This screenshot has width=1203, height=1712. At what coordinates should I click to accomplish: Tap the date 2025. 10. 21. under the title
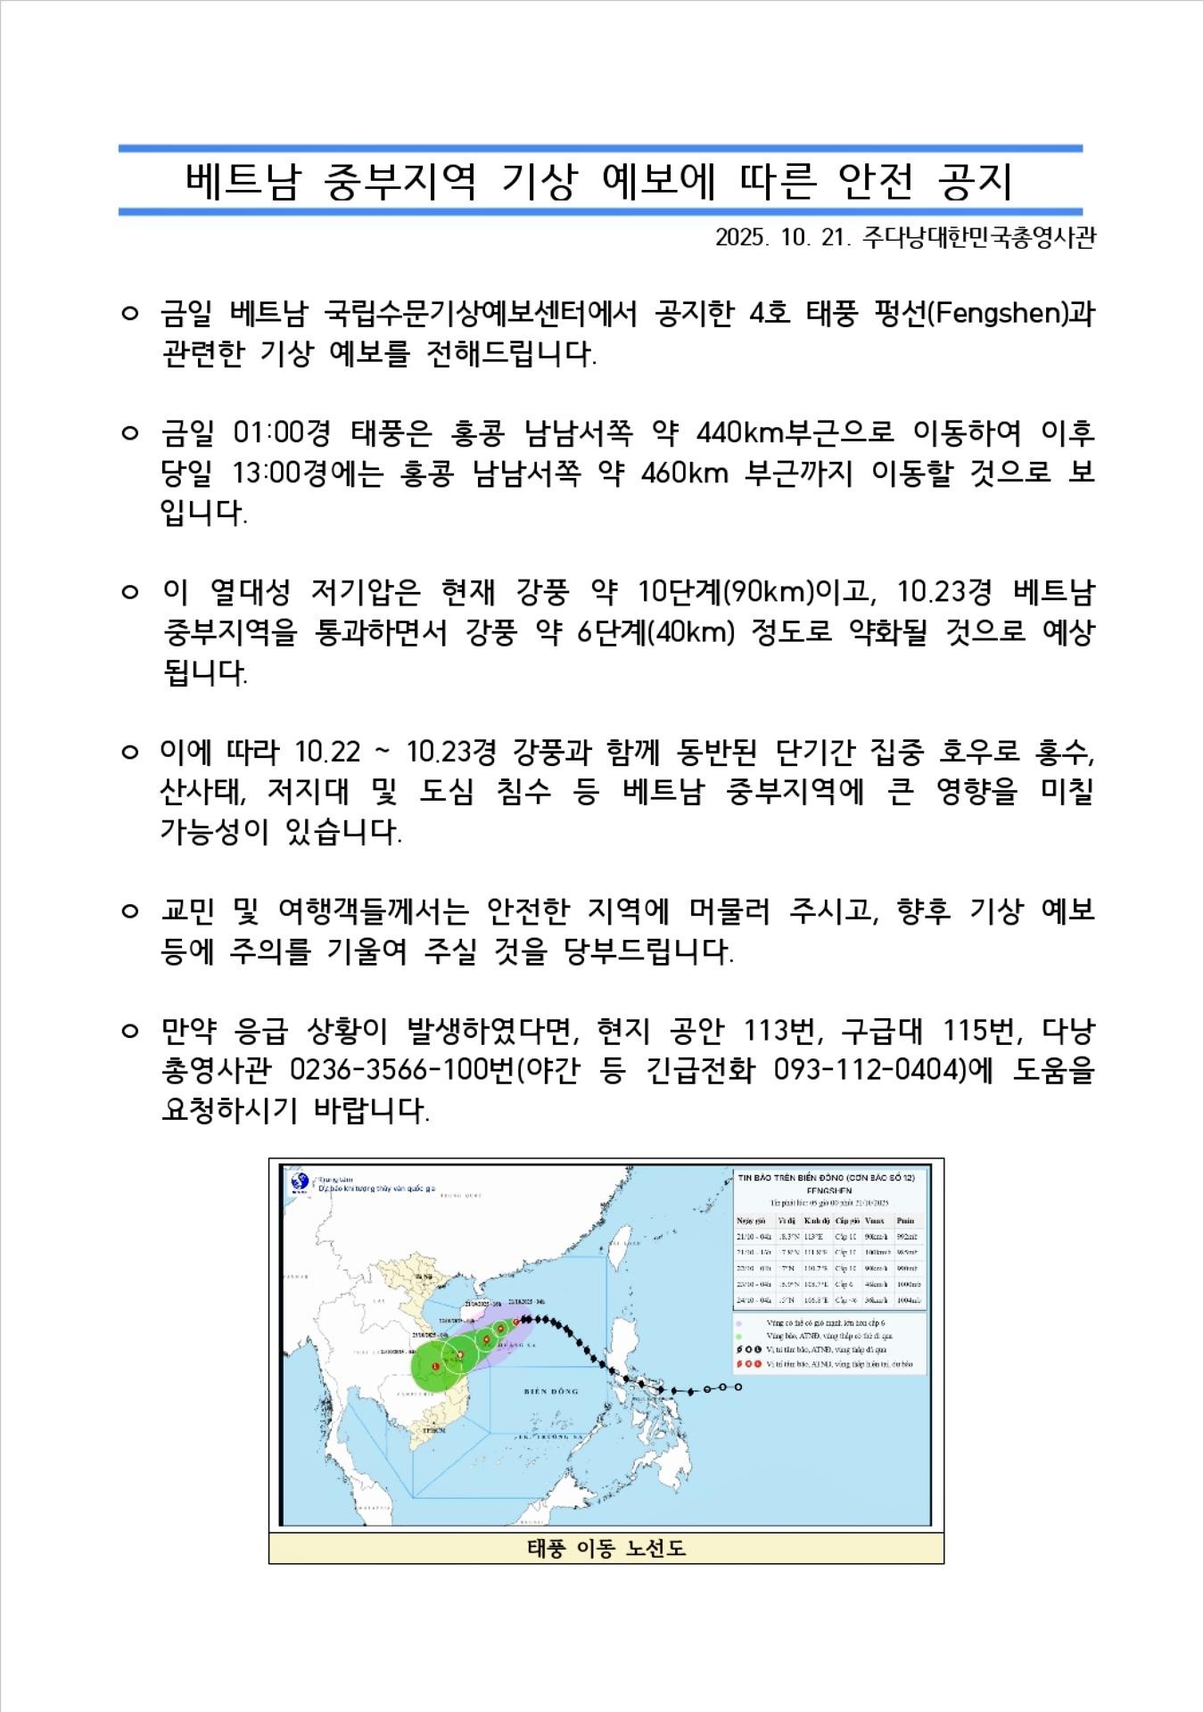[x=784, y=238]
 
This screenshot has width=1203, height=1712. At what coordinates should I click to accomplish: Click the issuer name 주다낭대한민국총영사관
[x=978, y=238]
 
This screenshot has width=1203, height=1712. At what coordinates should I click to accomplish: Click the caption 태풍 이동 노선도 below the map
[x=606, y=1548]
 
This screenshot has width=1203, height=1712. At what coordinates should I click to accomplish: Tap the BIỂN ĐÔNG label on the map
[x=551, y=1390]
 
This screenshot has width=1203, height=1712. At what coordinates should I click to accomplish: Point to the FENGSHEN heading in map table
[x=828, y=1190]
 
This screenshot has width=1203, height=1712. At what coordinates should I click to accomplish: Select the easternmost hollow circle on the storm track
[x=738, y=1387]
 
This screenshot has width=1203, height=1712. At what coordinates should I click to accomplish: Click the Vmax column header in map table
[x=874, y=1220]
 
